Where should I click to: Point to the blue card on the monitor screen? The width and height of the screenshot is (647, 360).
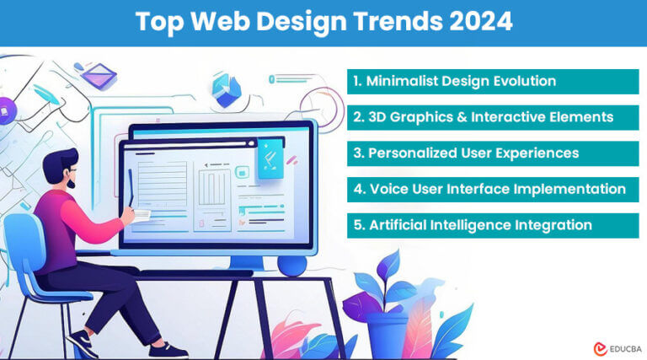(x=271, y=159)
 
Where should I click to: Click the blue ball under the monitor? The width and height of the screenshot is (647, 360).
(x=292, y=265)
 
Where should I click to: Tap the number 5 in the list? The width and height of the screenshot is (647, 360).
(x=358, y=225)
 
